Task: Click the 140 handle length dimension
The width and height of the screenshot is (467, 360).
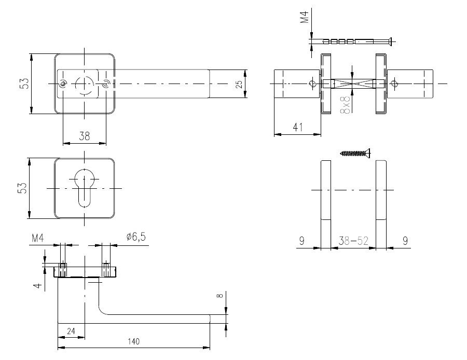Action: (134, 341)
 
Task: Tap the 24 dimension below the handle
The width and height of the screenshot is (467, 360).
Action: (71, 331)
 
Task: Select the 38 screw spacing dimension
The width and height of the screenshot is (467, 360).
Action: (84, 136)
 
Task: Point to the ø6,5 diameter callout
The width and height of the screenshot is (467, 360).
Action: (136, 237)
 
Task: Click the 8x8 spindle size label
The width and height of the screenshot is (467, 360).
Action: (346, 104)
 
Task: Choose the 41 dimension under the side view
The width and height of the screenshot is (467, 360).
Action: (298, 127)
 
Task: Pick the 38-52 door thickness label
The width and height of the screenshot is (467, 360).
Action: (353, 241)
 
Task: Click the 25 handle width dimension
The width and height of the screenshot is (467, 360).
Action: (239, 84)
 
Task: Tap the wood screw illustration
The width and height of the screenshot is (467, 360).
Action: (355, 154)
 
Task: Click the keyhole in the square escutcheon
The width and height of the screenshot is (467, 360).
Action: (85, 187)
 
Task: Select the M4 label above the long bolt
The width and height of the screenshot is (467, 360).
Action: (305, 16)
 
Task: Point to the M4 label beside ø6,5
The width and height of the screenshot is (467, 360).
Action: (37, 238)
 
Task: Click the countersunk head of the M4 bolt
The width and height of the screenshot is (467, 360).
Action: (390, 41)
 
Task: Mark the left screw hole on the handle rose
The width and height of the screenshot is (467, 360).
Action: (63, 84)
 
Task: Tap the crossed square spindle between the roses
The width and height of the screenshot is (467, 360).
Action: (352, 84)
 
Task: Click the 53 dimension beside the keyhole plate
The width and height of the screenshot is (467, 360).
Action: (23, 188)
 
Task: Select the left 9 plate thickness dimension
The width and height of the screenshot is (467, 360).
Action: (301, 241)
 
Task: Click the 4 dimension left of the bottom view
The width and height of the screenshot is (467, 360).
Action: (37, 285)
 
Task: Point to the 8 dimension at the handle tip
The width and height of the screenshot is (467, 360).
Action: (220, 296)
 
